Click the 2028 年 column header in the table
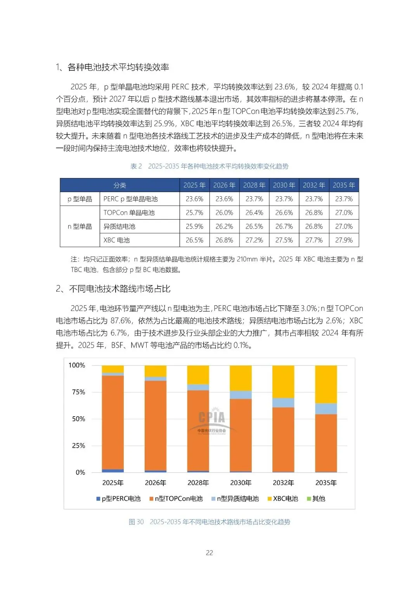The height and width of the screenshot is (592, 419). pyautogui.click(x=254, y=185)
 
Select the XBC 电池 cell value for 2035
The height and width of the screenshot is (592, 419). pyautogui.click(x=344, y=240)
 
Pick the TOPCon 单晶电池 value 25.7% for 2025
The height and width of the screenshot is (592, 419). pyautogui.click(x=194, y=213)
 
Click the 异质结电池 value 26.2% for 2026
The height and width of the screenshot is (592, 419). pyautogui.click(x=224, y=227)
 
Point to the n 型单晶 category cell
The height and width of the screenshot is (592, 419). pyautogui.click(x=80, y=227)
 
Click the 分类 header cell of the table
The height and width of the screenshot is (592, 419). pyautogui.click(x=119, y=185)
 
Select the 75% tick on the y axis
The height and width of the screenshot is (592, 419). pyautogui.click(x=78, y=392)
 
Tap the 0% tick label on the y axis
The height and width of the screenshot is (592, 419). pyautogui.click(x=80, y=472)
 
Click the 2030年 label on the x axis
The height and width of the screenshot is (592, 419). pyautogui.click(x=241, y=483)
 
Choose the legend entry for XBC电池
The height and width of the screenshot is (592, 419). pyautogui.click(x=283, y=499)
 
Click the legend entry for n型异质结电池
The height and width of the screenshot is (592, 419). pyautogui.click(x=235, y=499)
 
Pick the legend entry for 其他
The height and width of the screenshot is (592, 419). pyautogui.click(x=316, y=499)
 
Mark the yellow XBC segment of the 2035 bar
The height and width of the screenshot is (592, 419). pyautogui.click(x=326, y=384)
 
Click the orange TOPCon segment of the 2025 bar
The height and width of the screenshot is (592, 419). pyautogui.click(x=113, y=423)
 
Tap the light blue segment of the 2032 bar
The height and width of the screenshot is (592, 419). pyautogui.click(x=283, y=403)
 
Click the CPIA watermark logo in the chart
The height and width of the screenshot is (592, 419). pyautogui.click(x=211, y=421)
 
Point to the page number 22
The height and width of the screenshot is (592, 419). pyautogui.click(x=209, y=553)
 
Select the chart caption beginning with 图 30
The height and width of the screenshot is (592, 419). pyautogui.click(x=209, y=522)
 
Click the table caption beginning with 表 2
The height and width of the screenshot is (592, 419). pyautogui.click(x=209, y=166)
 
